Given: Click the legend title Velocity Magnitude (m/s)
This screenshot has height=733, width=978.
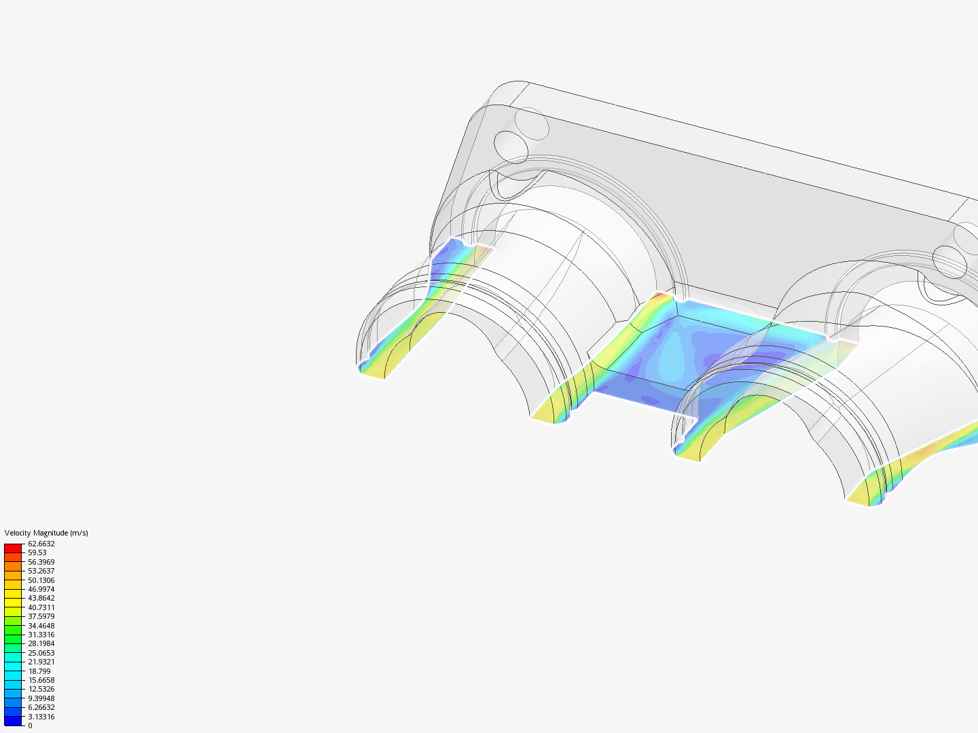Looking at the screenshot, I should point(46,533).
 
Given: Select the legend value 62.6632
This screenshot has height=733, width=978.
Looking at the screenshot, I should point(41,544).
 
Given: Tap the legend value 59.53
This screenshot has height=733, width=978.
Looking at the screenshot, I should point(37,552).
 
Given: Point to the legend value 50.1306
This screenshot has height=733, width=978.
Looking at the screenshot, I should point(41,580).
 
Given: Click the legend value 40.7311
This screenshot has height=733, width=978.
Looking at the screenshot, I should point(41,607).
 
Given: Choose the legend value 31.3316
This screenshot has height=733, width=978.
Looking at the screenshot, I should point(41,635).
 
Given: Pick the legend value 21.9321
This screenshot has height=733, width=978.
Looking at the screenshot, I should point(41,662).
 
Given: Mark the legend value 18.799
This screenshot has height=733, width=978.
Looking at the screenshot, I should point(39,671).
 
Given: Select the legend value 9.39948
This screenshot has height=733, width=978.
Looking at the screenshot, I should point(41,698).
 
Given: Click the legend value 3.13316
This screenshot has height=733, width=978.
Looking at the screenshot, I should point(41,717).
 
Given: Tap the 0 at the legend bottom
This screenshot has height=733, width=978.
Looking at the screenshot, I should point(30,726).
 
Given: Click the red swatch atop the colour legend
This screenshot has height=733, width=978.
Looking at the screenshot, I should point(13,548).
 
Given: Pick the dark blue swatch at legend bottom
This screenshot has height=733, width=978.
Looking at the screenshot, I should point(13,721).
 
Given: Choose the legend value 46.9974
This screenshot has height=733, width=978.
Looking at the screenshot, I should point(41,589).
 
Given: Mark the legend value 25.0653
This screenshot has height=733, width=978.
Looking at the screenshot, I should point(41,653).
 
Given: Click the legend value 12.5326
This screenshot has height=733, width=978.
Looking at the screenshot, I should point(41,689).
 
